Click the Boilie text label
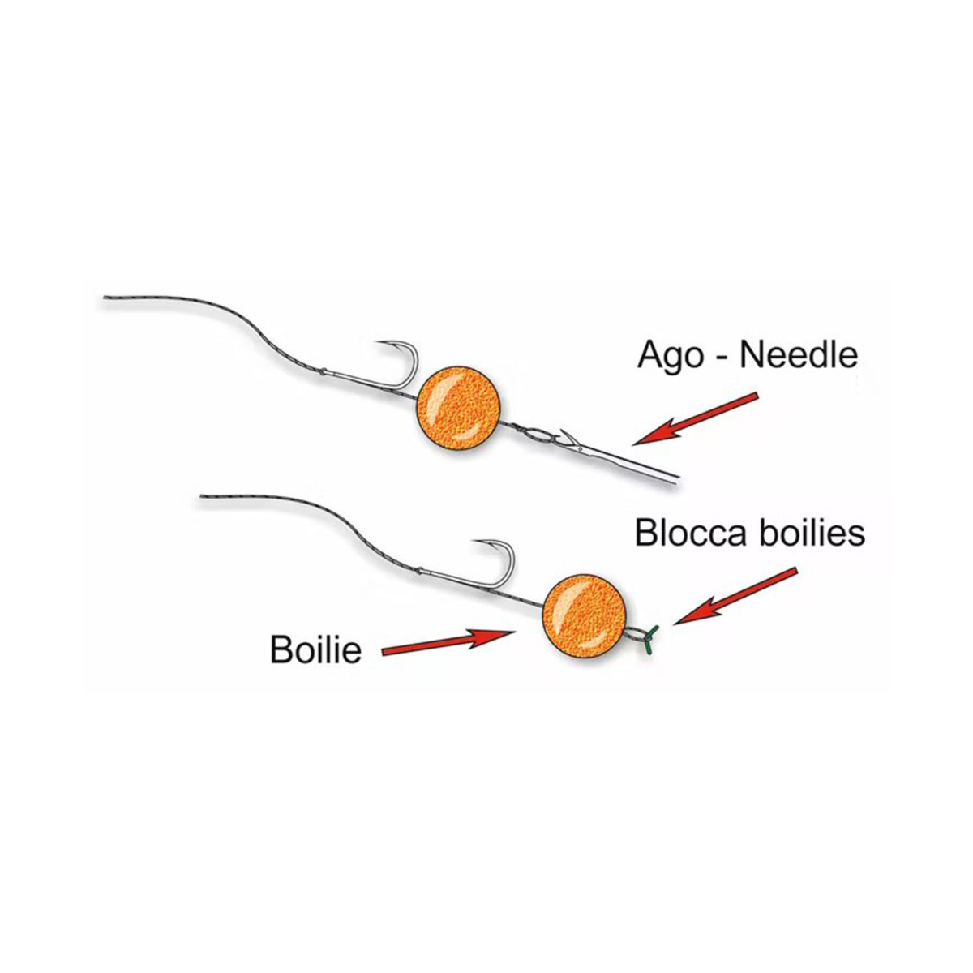click(x=315, y=649)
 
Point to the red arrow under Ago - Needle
click(x=696, y=418)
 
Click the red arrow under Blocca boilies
click(x=735, y=596)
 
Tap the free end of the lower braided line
click(x=204, y=497)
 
